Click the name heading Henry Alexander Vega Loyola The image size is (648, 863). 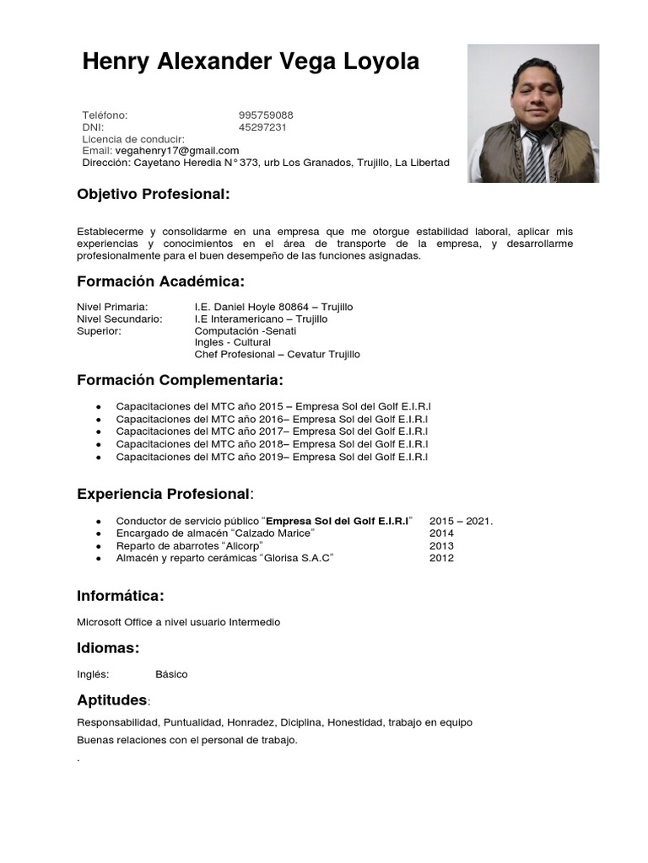tap(250, 62)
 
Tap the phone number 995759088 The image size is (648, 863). tap(266, 115)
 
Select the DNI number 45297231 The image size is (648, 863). tap(262, 127)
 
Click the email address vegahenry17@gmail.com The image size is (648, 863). tap(177, 150)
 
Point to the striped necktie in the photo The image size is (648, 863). tap(535, 157)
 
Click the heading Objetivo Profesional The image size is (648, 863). tap(153, 194)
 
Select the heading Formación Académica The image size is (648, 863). tap(160, 281)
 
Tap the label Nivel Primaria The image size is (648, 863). tap(112, 307)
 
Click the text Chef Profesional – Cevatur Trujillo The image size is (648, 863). tap(277, 354)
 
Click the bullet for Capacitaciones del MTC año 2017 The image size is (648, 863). tap(99, 431)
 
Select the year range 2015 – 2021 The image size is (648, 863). tap(461, 521)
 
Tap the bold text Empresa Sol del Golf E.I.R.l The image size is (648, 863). tap(337, 521)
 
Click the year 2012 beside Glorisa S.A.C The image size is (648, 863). tap(441, 558)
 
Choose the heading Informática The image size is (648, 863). tap(120, 596)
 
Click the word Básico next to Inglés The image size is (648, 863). tap(171, 674)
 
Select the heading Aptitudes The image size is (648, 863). tap(112, 700)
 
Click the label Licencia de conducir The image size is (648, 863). tap(132, 139)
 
